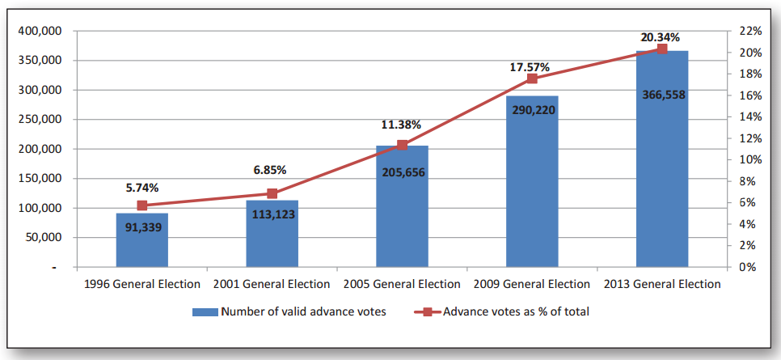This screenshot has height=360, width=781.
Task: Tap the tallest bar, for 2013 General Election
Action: (x=662, y=162)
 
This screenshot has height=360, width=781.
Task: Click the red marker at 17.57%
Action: (x=532, y=78)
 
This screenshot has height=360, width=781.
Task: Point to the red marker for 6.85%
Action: (x=272, y=193)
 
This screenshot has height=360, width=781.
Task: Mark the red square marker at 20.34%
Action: (x=662, y=49)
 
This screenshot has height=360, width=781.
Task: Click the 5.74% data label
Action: (x=142, y=187)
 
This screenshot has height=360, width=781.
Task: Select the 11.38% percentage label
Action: (x=402, y=125)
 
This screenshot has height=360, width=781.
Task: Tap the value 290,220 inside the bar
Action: (x=532, y=109)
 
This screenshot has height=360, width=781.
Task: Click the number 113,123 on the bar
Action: (x=272, y=214)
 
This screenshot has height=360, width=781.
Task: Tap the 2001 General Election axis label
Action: (x=272, y=284)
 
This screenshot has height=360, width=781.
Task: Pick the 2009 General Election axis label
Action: (x=532, y=284)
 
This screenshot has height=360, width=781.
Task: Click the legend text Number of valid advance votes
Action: (x=303, y=311)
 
